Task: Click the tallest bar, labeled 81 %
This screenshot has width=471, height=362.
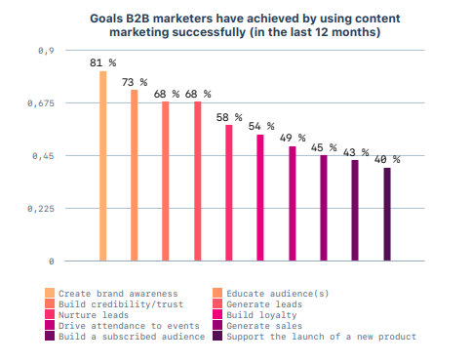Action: pyautogui.click(x=102, y=166)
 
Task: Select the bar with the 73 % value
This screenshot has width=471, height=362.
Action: pyautogui.click(x=135, y=176)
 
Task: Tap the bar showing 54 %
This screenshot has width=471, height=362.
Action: pyautogui.click(x=260, y=198)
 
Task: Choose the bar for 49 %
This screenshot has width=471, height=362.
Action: pyautogui.click(x=292, y=204)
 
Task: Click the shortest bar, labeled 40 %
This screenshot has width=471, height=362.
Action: pyautogui.click(x=387, y=215)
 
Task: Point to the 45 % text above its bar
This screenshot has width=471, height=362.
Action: pyautogui.click(x=324, y=148)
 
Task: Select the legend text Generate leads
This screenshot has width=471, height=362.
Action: pyautogui.click(x=266, y=303)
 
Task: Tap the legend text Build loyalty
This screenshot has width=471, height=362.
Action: pyautogui.click(x=260, y=314)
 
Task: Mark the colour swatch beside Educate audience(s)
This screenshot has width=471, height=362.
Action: pyautogui.click(x=218, y=293)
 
